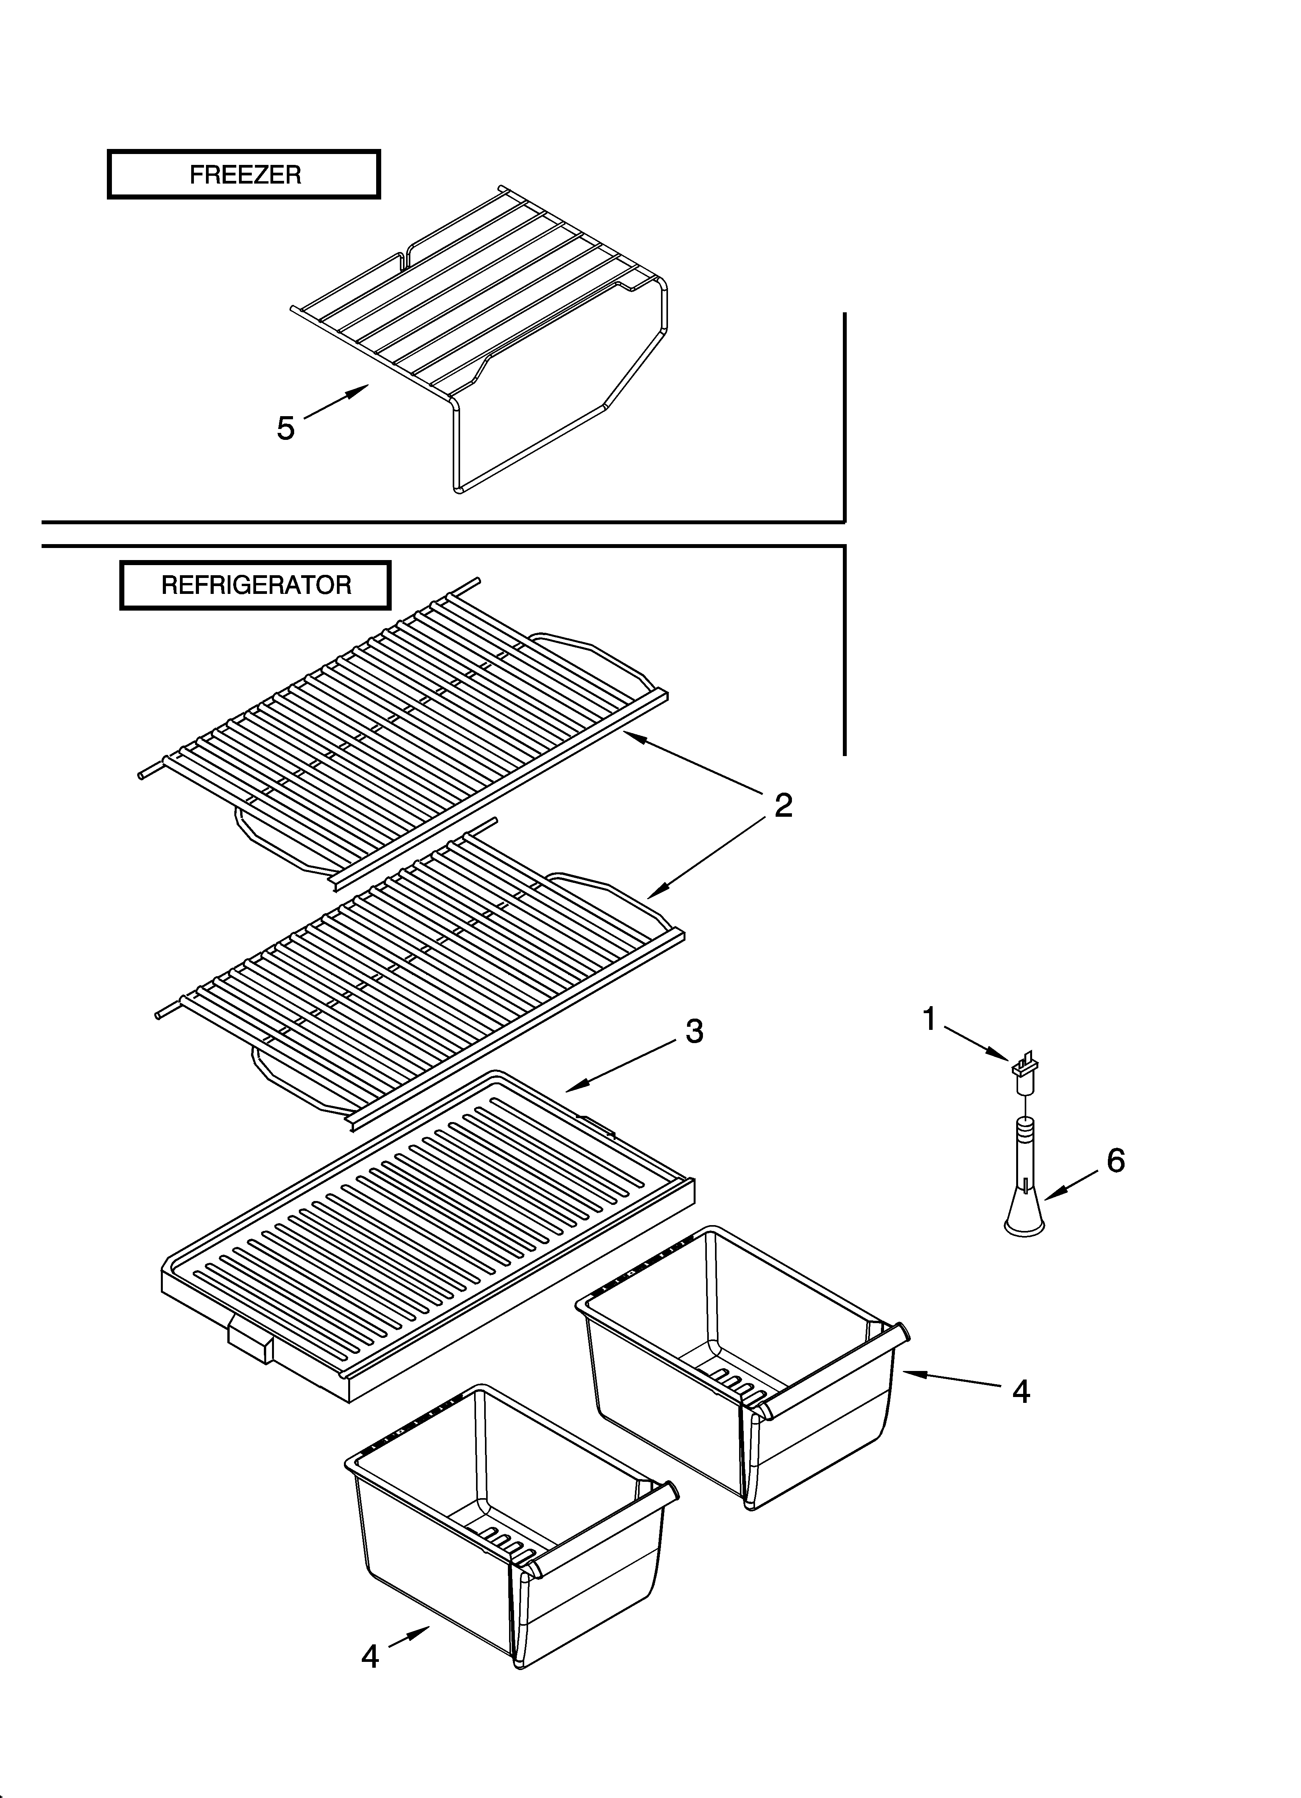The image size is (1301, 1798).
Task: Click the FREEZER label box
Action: [x=244, y=174]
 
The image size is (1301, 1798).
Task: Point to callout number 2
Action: [x=783, y=805]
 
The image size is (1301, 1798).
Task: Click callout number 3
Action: [x=694, y=1031]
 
